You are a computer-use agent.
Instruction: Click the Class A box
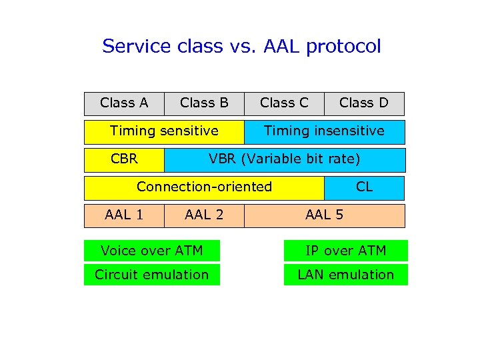click(124, 103)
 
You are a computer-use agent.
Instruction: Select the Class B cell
click(204, 103)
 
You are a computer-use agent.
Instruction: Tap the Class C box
click(284, 103)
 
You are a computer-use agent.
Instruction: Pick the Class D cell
click(364, 103)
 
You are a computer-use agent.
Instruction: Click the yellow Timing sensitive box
click(164, 131)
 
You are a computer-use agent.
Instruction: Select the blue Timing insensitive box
click(324, 131)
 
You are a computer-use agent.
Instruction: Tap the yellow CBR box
click(124, 159)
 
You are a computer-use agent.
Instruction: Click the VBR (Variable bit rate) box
click(285, 159)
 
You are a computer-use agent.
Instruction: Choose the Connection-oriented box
click(204, 187)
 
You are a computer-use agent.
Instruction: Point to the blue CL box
click(364, 187)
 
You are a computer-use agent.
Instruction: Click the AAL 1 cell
click(124, 215)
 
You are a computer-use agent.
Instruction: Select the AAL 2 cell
click(204, 215)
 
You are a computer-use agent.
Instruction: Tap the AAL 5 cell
click(324, 215)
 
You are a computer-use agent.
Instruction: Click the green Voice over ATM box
click(151, 251)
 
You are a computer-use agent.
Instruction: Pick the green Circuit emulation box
click(151, 275)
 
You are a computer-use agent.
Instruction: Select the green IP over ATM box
click(345, 251)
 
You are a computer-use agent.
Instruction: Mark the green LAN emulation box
click(345, 275)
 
